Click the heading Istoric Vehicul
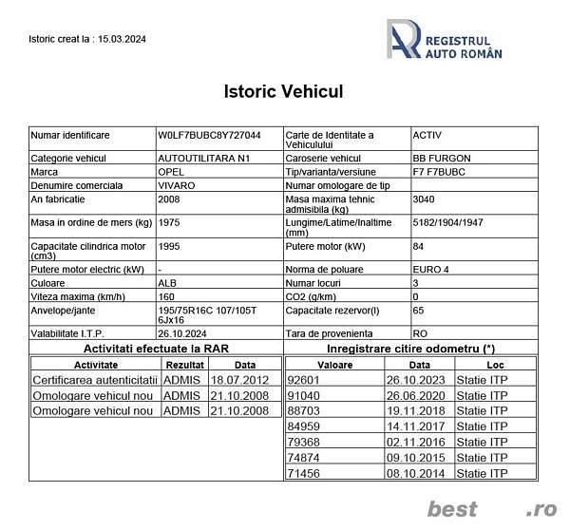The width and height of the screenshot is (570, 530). [283, 92]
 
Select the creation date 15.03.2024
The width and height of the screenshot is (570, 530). [123, 39]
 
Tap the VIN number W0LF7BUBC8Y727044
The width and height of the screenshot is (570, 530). [209, 135]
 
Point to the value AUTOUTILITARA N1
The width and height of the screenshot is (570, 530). [199, 158]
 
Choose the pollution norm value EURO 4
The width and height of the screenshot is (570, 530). [432, 269]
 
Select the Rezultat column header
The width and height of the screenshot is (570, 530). [184, 364]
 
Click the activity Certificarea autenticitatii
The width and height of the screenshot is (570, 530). [94, 380]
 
